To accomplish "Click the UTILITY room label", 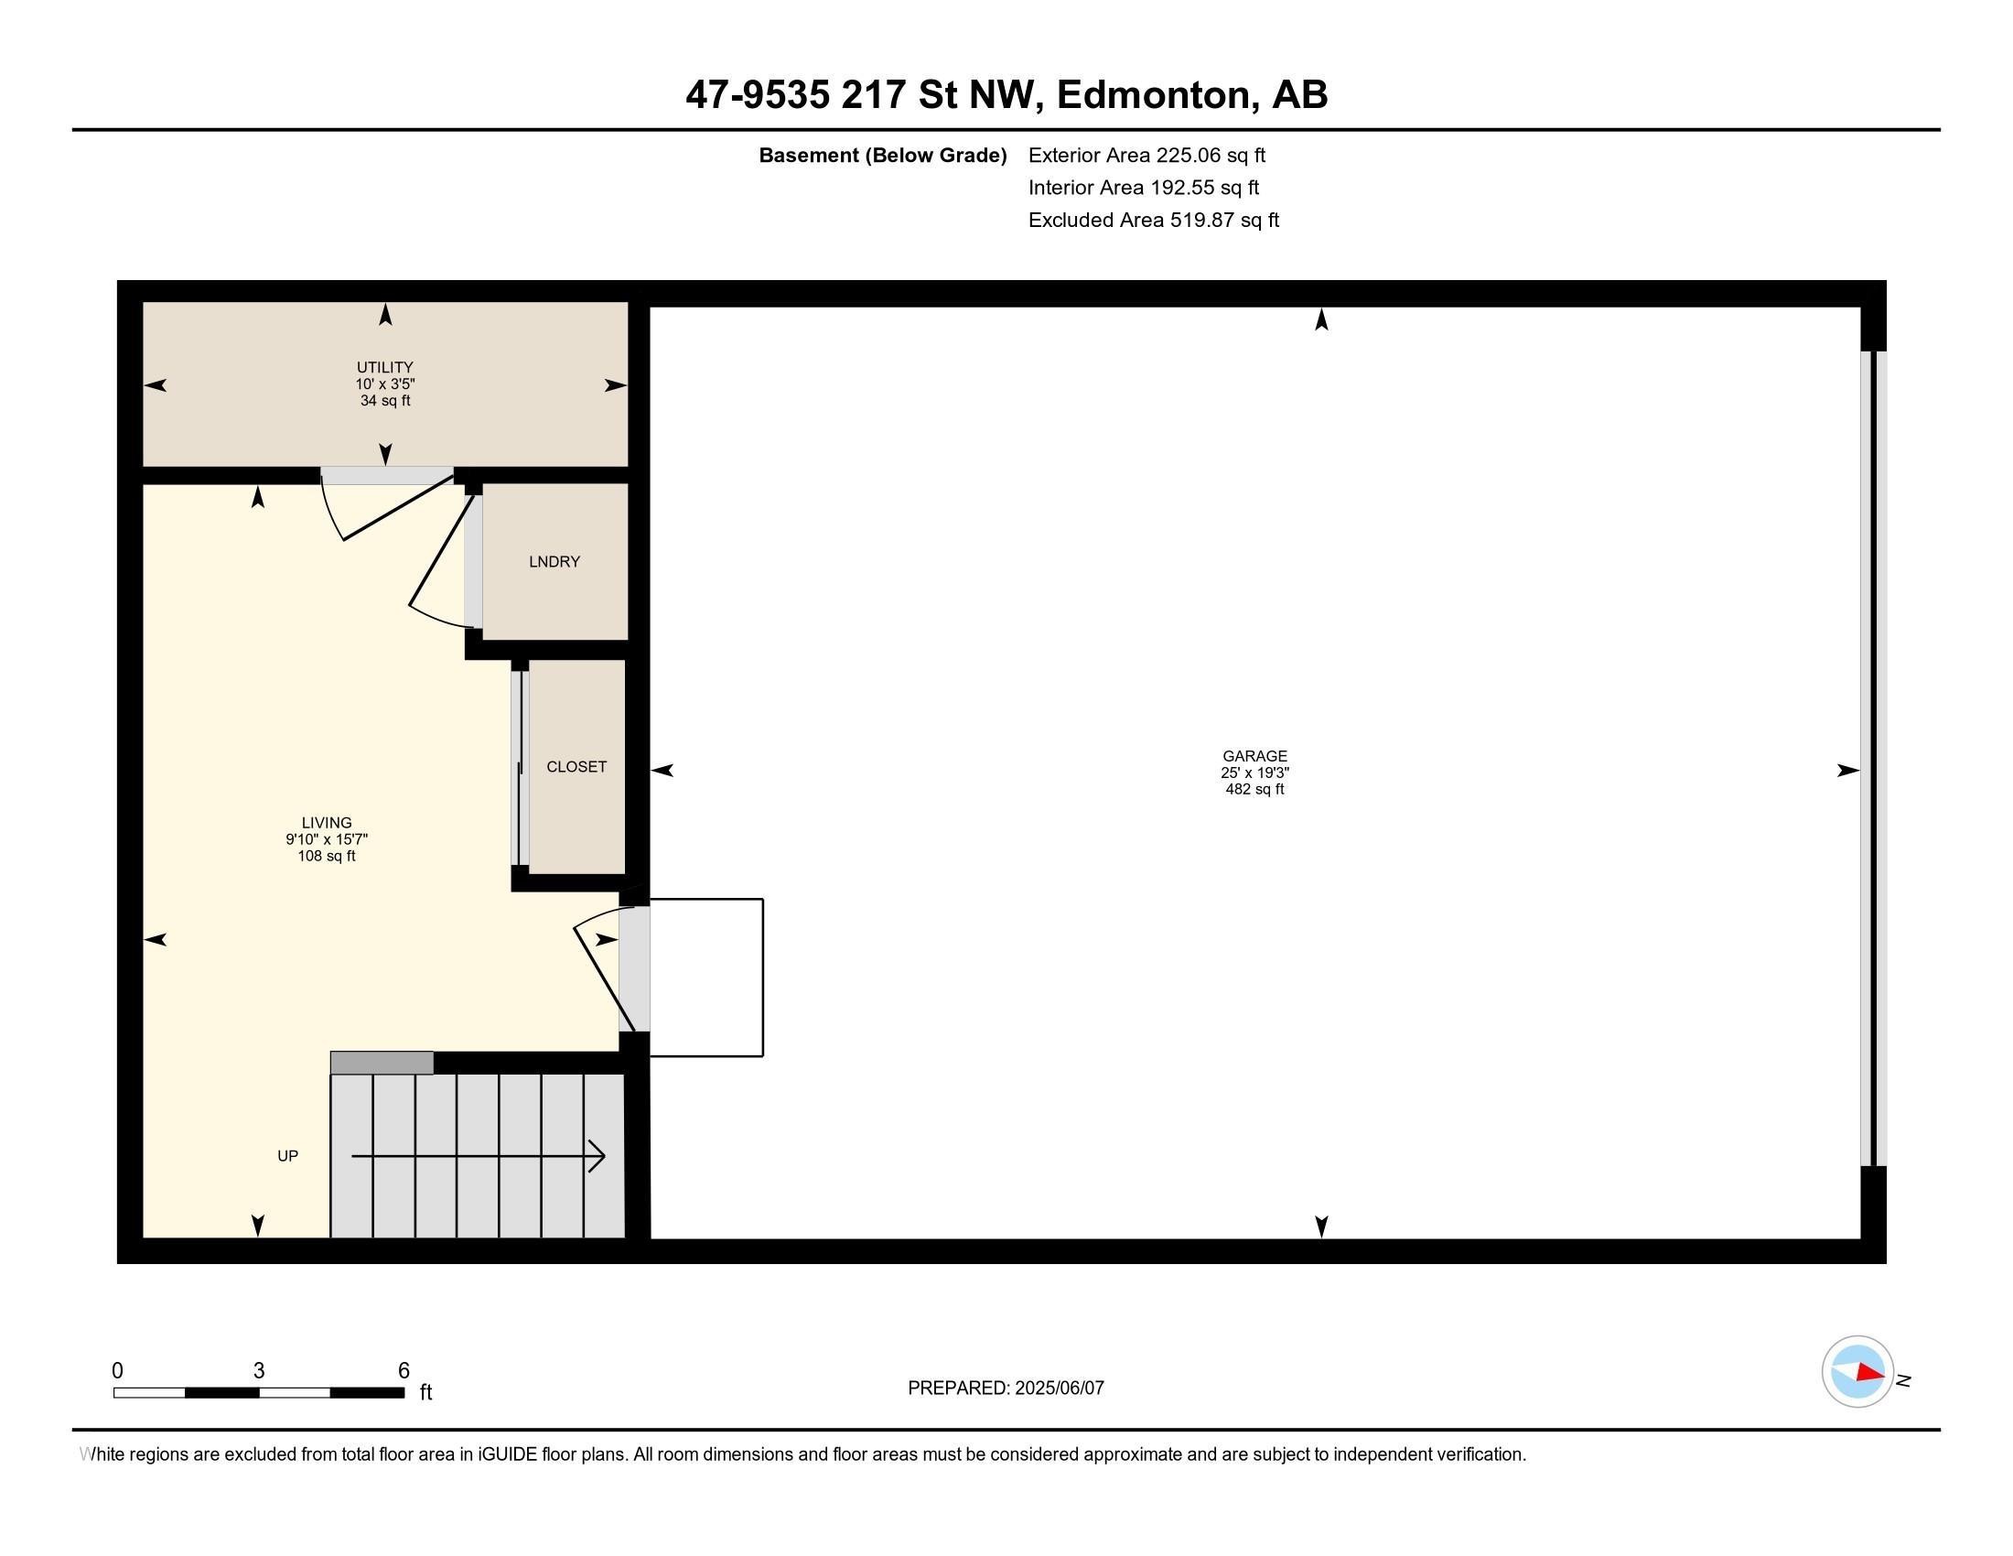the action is coord(385,367).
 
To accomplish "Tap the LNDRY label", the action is coord(554,561).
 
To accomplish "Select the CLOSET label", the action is coord(576,766).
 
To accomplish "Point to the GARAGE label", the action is coord(1254,756).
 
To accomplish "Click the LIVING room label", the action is coord(327,822).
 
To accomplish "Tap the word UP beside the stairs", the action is coord(287,1156).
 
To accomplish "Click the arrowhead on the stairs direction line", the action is coord(597,1156).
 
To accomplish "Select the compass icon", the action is coord(1857,1372).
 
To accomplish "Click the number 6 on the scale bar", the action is coord(403,1371).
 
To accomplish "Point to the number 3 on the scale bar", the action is coord(259,1371).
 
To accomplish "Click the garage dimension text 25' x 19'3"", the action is coord(1254,773).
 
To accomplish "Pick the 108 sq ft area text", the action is coord(327,856).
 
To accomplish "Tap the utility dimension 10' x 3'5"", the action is coord(385,384).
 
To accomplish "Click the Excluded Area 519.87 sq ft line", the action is coord(1154,220).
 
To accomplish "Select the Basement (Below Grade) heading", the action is coord(882,155).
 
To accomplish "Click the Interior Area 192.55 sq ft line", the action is coord(1144,187).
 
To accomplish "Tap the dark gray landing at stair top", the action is coord(382,1063).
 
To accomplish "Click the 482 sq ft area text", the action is coord(1254,789).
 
